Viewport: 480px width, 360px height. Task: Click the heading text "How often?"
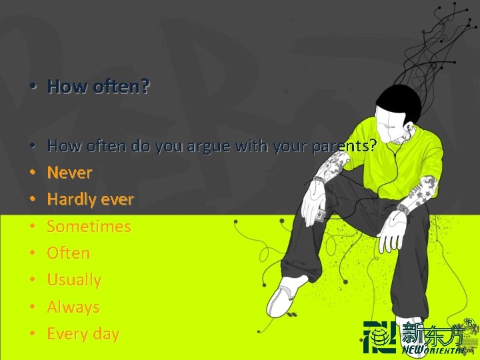[x=99, y=87]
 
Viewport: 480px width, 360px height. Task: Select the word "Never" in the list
[x=69, y=173]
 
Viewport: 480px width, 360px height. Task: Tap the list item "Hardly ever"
[x=90, y=199]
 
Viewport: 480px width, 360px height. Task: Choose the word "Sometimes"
[x=89, y=227]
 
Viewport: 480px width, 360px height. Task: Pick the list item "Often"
[x=68, y=253]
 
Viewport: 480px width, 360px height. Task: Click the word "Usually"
[x=74, y=280]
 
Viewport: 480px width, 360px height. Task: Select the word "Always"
[x=73, y=307]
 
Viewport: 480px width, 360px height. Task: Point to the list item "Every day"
[x=83, y=334]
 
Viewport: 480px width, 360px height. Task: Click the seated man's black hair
[x=399, y=100]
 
